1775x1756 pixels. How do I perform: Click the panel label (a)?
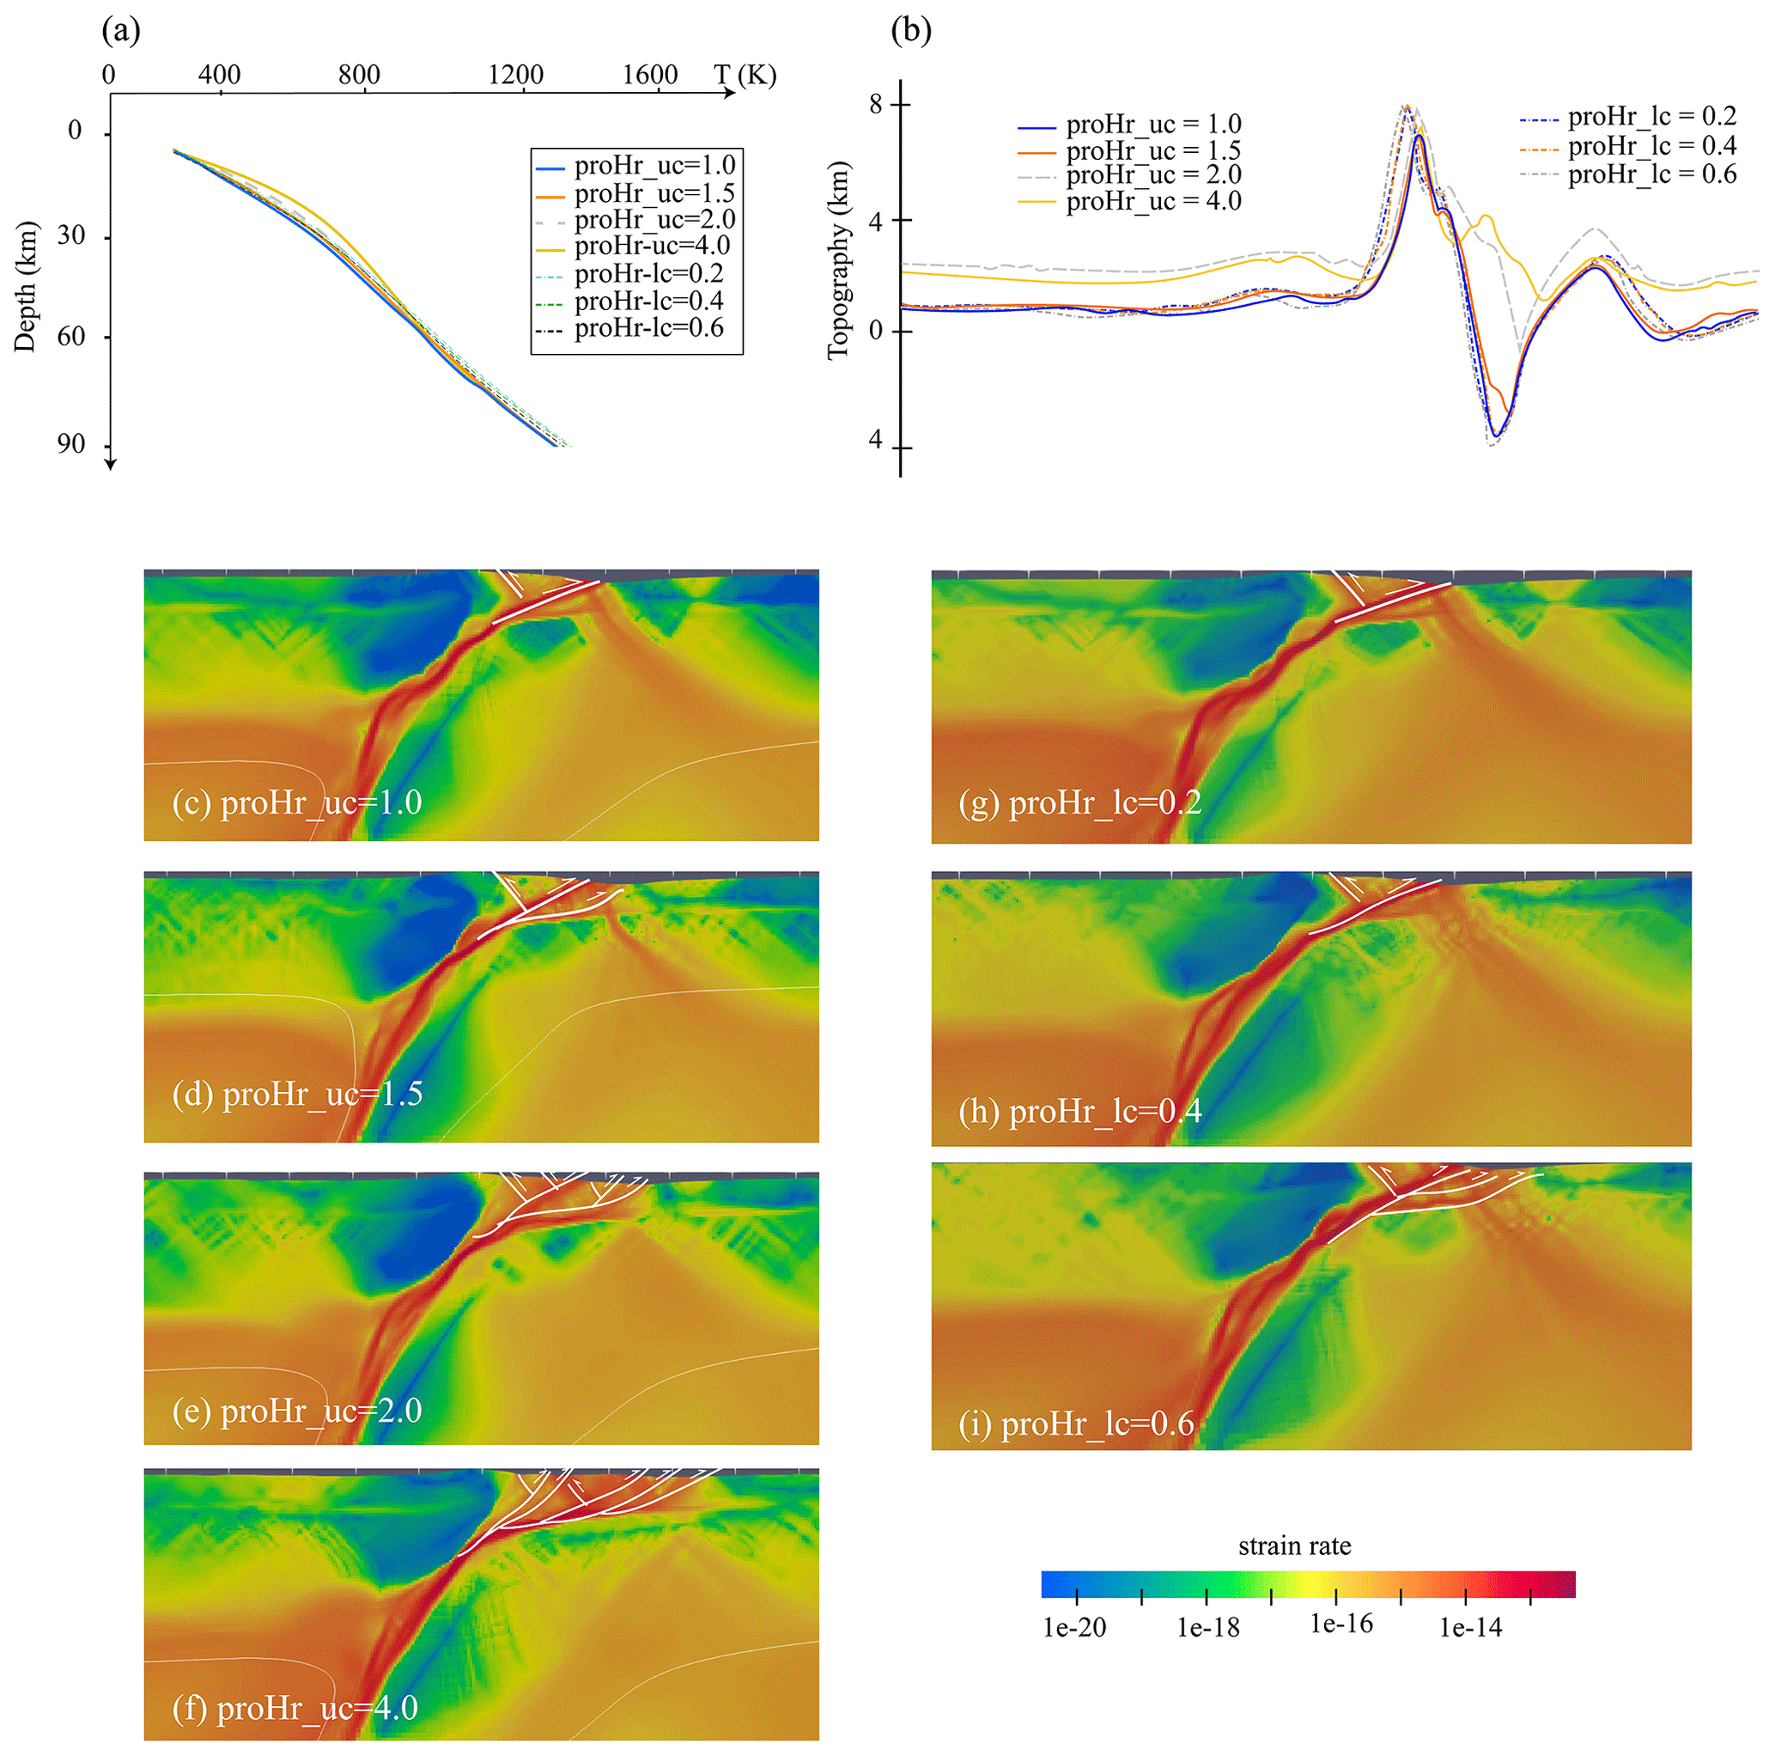pos(121,31)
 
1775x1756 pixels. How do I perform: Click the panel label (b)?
pos(910,31)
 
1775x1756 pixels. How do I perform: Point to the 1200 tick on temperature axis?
pos(515,76)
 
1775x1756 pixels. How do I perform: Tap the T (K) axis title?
pos(745,75)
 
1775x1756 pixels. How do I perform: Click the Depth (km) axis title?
pos(25,287)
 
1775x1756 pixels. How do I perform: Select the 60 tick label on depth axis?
pos(71,336)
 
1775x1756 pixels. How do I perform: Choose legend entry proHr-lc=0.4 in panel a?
pos(648,301)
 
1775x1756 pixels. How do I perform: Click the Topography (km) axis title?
pos(838,261)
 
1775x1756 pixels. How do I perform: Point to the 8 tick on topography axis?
pos(877,105)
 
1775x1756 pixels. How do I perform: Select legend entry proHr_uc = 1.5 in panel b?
pos(1153,149)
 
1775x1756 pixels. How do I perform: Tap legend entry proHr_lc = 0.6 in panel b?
pos(1652,174)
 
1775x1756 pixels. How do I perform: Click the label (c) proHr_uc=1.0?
pos(297,803)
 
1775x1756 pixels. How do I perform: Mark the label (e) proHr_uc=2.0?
pos(297,1411)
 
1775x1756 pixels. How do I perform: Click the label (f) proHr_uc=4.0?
pos(295,1708)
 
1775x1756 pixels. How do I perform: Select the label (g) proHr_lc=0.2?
pos(1079,803)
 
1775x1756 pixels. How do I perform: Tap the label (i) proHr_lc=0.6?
pos(1076,1424)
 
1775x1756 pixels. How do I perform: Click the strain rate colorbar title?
pos(1293,1546)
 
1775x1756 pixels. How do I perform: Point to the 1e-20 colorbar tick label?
pos(1074,1628)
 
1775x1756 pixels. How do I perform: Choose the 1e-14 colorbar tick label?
pos(1470,1628)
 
